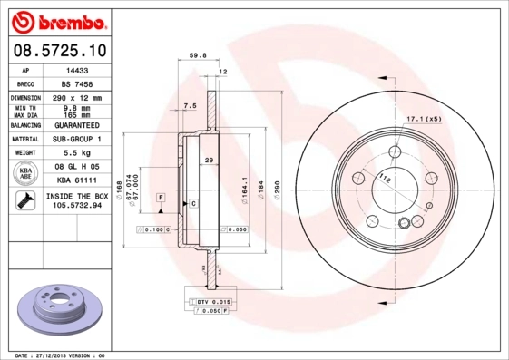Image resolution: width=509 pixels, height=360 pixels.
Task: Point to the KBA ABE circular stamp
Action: click(26, 172)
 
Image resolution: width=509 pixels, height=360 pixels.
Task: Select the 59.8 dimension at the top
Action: click(197, 55)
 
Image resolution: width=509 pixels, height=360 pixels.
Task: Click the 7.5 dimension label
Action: click(190, 107)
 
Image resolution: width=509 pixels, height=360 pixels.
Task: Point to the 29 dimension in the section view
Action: click(209, 161)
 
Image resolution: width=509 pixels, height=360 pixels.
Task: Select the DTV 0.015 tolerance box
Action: click(210, 300)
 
